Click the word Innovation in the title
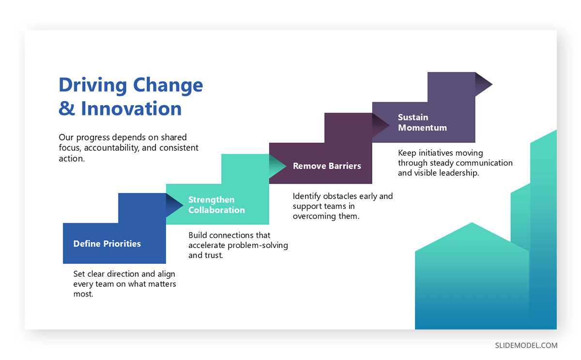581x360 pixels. point(131,108)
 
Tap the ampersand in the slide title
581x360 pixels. point(67,109)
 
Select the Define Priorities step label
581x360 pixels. point(107,244)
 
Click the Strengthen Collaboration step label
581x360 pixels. point(216,205)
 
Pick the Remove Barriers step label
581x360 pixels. point(327,166)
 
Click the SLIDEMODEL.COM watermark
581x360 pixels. point(526,345)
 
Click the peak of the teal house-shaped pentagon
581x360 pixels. point(472,223)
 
